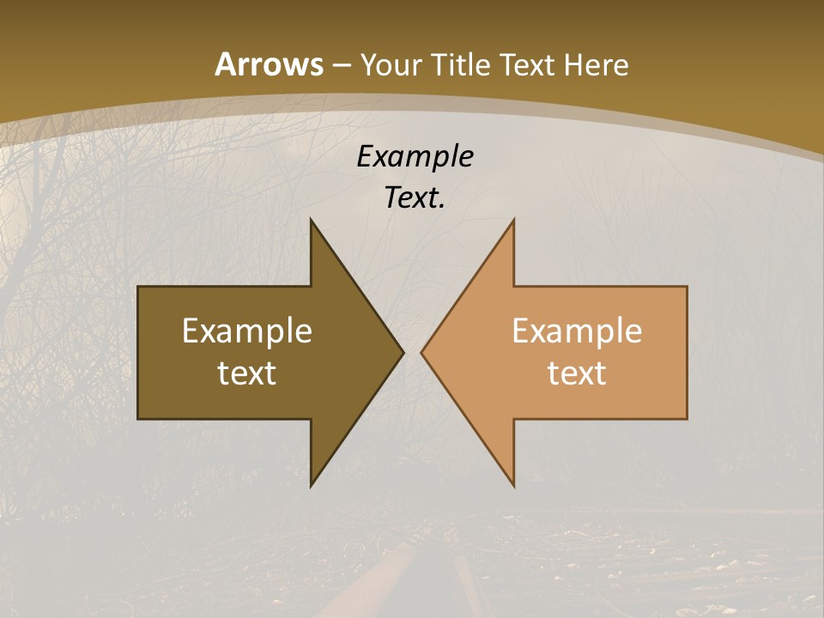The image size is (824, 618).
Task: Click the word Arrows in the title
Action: coord(270,64)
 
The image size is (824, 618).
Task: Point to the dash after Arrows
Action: coord(341,65)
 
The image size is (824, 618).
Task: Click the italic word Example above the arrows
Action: coord(415,156)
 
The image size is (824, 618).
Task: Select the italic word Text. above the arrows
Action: coord(415,198)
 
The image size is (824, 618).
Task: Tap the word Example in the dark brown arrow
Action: coord(246,331)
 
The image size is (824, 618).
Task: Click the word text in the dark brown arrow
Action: coord(246,373)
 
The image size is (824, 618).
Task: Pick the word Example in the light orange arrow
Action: coord(577,331)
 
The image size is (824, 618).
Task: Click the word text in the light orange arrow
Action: coord(577,373)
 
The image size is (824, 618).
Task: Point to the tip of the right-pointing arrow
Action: coord(403,352)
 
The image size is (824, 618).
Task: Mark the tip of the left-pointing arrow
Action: coord(421,352)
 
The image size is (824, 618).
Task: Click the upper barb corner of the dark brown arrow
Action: coord(311,220)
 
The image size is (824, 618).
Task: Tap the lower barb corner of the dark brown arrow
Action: coord(311,486)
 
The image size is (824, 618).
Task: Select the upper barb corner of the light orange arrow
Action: coord(513,220)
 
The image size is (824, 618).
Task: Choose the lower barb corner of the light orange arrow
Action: coord(513,486)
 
